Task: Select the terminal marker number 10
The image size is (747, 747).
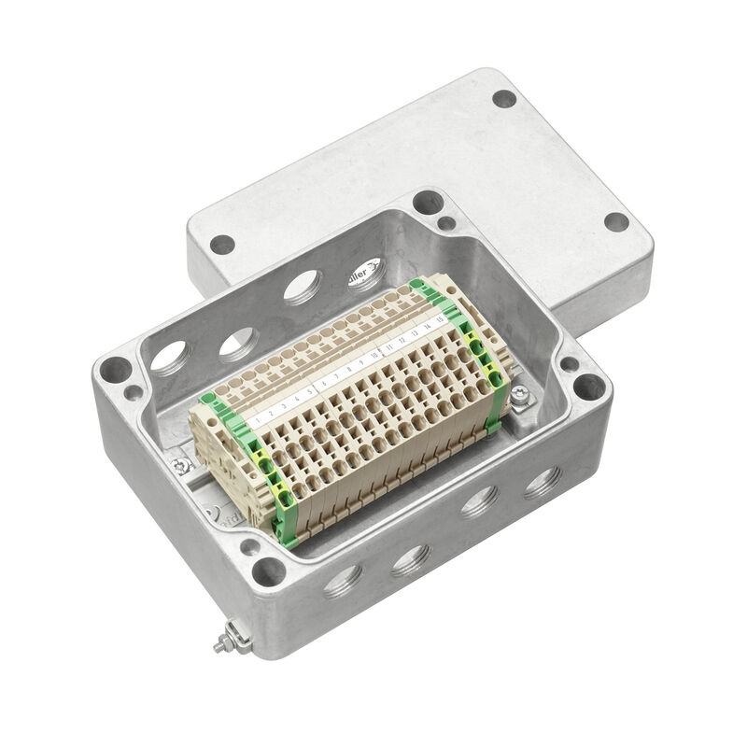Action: [x=373, y=356]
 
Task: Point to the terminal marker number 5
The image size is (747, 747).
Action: [x=309, y=388]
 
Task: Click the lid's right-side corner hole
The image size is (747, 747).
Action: [x=616, y=222]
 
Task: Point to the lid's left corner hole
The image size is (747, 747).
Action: [x=221, y=245]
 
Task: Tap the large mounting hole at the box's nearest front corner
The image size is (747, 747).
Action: [x=270, y=566]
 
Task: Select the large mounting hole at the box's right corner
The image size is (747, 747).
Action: [x=588, y=384]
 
